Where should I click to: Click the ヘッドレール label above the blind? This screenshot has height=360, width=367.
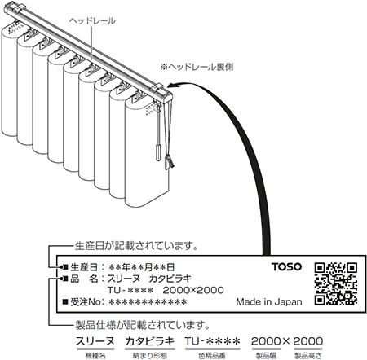coord(92,21)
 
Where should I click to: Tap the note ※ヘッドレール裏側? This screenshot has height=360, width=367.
coord(197,67)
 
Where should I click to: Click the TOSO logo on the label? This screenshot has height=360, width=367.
coord(287,266)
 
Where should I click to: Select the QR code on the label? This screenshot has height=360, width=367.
coord(336,283)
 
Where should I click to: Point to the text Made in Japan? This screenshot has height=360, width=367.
coord(269,301)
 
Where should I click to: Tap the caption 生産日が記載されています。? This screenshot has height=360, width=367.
coord(136,246)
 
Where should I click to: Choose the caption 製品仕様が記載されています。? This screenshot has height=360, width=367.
coord(143,325)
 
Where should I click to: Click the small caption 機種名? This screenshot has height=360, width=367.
coord(95,356)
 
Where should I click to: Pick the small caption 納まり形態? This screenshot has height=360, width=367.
coord(150,356)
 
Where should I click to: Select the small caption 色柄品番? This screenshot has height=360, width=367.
coord(212,356)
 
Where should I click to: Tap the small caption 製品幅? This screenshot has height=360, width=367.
coord(266,356)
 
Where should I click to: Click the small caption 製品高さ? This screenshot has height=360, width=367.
coord(308,356)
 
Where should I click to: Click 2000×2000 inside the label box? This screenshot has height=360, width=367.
coord(193,290)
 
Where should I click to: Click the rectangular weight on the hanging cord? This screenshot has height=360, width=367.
coord(158,153)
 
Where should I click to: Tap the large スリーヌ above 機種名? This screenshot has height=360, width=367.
coord(95,341)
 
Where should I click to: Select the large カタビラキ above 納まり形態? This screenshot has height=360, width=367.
coord(150,341)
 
